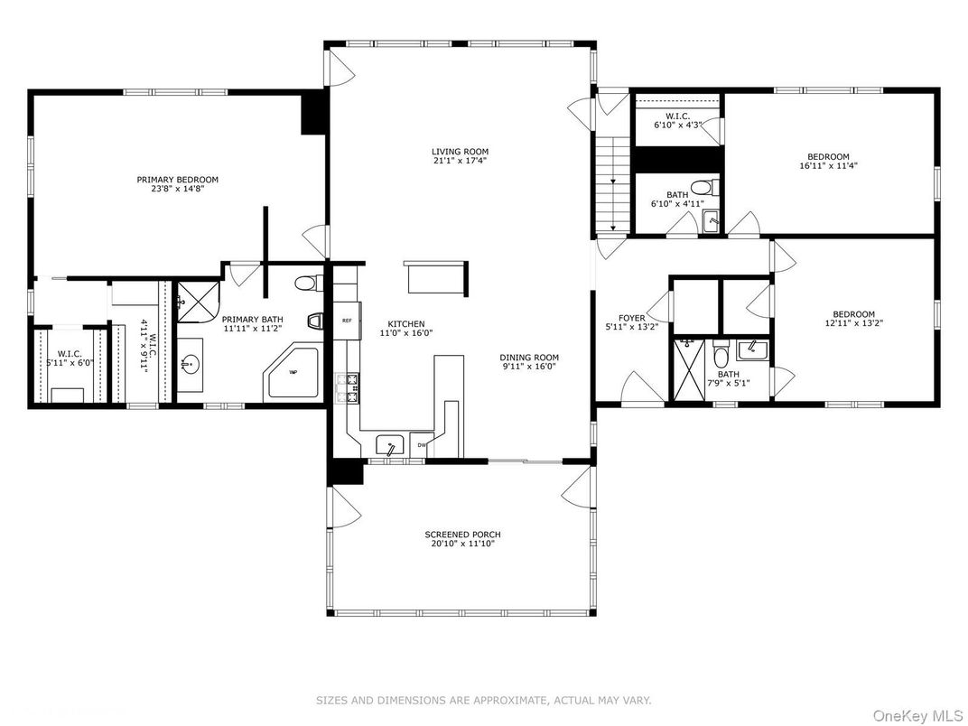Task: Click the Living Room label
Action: tap(460, 152)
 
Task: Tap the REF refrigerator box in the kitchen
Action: tap(346, 321)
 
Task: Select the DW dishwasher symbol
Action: tap(422, 445)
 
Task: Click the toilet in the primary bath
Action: tap(308, 284)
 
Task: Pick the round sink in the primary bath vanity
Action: tap(190, 365)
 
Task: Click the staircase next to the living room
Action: tap(612, 185)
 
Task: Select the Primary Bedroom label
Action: tap(178, 180)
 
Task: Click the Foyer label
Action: tap(631, 318)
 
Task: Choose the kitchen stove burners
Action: tap(347, 388)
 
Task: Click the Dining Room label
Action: tap(530, 358)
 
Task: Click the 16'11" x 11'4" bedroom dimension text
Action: tap(828, 166)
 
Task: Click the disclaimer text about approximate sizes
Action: tap(483, 700)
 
